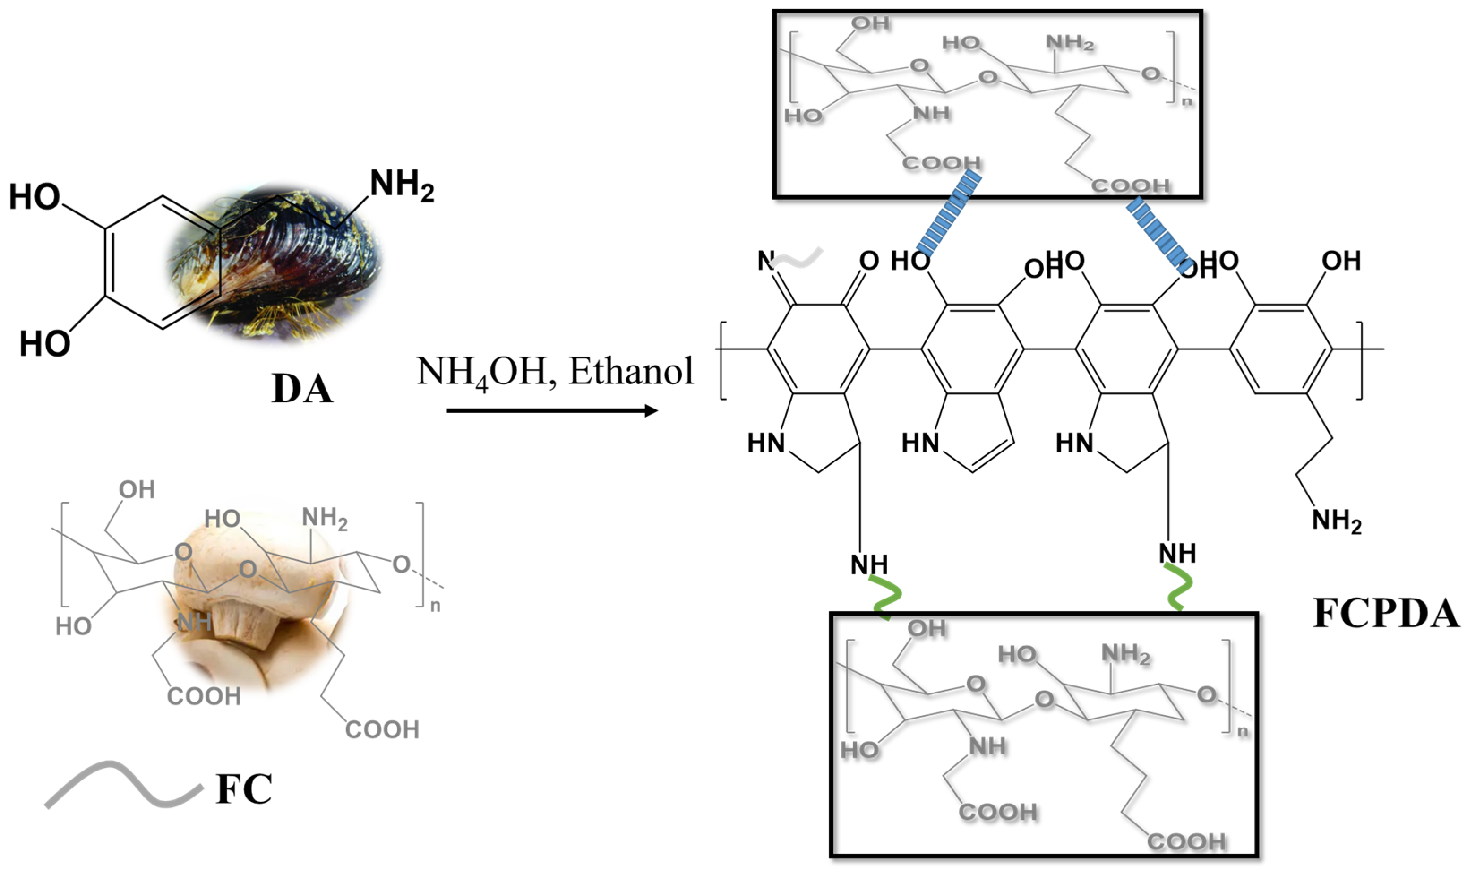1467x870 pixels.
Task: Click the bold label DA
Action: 302,389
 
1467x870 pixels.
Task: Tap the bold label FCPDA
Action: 1385,613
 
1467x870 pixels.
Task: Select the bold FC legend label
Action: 244,789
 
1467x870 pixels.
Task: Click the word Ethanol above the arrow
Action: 631,371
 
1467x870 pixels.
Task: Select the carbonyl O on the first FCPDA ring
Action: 869,261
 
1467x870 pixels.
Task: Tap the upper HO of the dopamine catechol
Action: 34,197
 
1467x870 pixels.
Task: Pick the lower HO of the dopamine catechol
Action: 44,343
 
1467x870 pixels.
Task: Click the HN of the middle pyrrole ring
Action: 920,443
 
